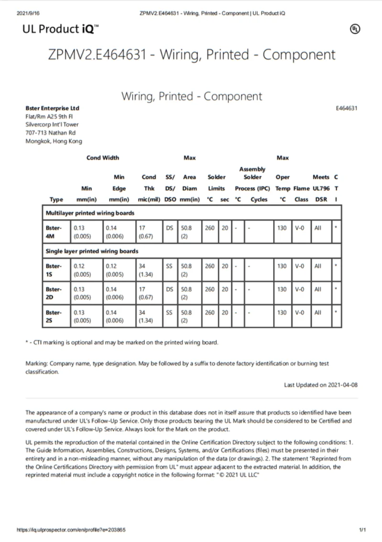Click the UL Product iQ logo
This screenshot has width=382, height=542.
pyautogui.click(x=61, y=29)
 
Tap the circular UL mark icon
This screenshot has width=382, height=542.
pyautogui.click(x=355, y=29)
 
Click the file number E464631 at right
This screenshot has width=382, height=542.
pyautogui.click(x=347, y=108)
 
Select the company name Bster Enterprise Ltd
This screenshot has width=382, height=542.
pyautogui.click(x=52, y=108)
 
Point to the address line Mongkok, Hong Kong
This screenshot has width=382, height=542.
pyautogui.click(x=53, y=141)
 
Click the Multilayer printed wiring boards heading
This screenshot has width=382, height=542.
pyautogui.click(x=90, y=213)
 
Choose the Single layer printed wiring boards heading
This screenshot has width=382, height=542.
pyautogui.click(x=92, y=251)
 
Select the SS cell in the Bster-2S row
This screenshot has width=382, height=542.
pyautogui.click(x=169, y=313)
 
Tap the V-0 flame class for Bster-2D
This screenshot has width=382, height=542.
pyautogui.click(x=299, y=289)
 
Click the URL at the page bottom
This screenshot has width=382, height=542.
pyautogui.click(x=71, y=530)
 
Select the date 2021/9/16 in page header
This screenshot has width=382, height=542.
pyautogui.click(x=27, y=13)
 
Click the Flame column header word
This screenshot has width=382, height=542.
pyautogui.click(x=301, y=188)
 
